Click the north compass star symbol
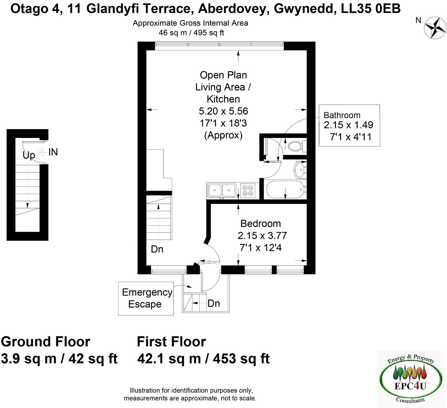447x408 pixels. (x=435, y=28)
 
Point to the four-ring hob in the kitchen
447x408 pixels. (x=248, y=191)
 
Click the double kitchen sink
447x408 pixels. (x=222, y=191)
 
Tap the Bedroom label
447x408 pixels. (x=260, y=224)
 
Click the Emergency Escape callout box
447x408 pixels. (x=146, y=298)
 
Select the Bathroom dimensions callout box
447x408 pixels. (x=349, y=125)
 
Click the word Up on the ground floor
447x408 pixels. (x=29, y=155)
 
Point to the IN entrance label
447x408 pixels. (x=53, y=152)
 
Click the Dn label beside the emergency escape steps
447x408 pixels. (x=213, y=303)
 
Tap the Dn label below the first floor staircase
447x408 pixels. (x=157, y=249)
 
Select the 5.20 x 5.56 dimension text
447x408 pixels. (x=223, y=111)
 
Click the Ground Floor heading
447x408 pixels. (x=46, y=342)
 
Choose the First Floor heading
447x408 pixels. (x=171, y=342)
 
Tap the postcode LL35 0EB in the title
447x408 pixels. (x=371, y=9)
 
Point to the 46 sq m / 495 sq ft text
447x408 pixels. (x=191, y=33)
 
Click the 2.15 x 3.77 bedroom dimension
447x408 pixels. (x=262, y=236)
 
